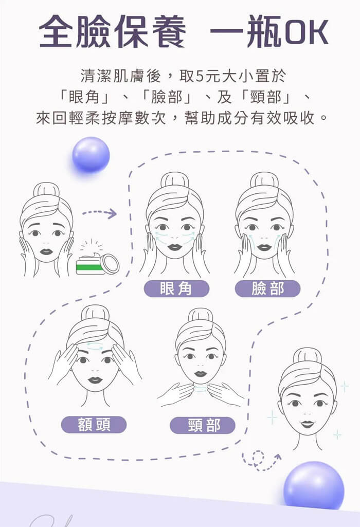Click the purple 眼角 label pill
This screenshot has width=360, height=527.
tap(176, 288)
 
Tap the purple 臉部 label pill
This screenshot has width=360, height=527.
tap(267, 288)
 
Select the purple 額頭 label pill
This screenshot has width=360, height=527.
tap(94, 425)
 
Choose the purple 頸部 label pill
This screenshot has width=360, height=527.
tap(202, 425)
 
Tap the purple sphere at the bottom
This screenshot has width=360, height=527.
tap(314, 484)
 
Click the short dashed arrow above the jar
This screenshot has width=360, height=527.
tap(100, 213)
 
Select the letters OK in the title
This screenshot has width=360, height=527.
tap(306, 32)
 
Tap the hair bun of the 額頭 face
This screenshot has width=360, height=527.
tap(95, 313)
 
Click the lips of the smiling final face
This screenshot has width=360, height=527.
tap(307, 424)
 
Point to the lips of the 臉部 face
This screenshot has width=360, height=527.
tap(264, 247)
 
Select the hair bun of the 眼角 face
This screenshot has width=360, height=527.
tap(175, 180)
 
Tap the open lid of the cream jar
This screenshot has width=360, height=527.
tap(111, 263)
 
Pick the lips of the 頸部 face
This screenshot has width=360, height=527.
tap(201, 373)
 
